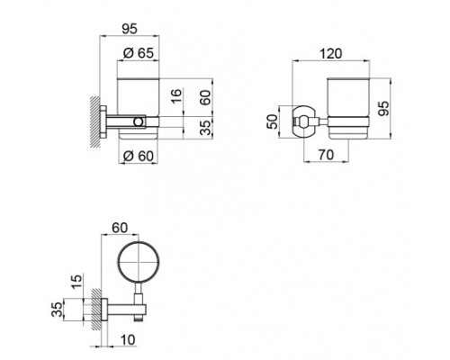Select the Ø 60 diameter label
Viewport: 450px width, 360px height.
click(x=137, y=157)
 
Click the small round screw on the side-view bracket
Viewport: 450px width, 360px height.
click(x=138, y=120)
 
